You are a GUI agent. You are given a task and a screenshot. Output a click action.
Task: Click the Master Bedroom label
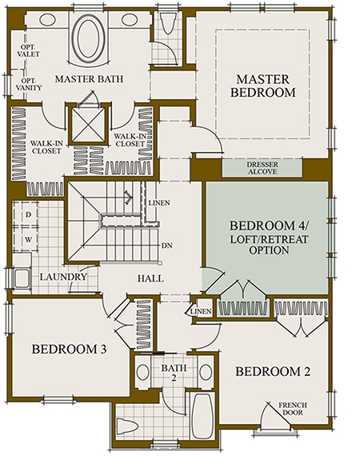tap(262, 86)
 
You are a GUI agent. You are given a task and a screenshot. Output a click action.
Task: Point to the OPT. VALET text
tap(28, 50)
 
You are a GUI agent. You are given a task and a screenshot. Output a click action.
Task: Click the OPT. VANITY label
tap(28, 84)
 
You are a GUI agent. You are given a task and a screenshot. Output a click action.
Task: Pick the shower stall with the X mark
tap(88, 125)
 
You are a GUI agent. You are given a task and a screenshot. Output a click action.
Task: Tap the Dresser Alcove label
tap(262, 168)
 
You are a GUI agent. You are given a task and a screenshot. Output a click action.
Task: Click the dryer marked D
tap(28, 214)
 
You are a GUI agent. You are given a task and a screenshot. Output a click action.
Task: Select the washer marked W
tap(28, 239)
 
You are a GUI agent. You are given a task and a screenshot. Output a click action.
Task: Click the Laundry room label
tap(63, 277)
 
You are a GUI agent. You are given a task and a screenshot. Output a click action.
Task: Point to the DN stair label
tap(167, 246)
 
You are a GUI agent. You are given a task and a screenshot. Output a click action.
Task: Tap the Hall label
tap(150, 278)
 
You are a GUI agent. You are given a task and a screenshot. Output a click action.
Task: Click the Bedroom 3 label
tap(69, 349)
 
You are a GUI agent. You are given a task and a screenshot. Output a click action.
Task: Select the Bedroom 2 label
tap(273, 371)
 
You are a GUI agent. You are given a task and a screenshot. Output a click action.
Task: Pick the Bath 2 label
tap(174, 372)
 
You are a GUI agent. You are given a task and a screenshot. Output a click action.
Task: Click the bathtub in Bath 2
tap(202, 415)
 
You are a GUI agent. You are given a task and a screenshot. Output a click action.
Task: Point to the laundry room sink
tap(22, 278)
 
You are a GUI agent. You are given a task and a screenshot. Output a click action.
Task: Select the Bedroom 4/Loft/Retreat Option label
tap(269, 238)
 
